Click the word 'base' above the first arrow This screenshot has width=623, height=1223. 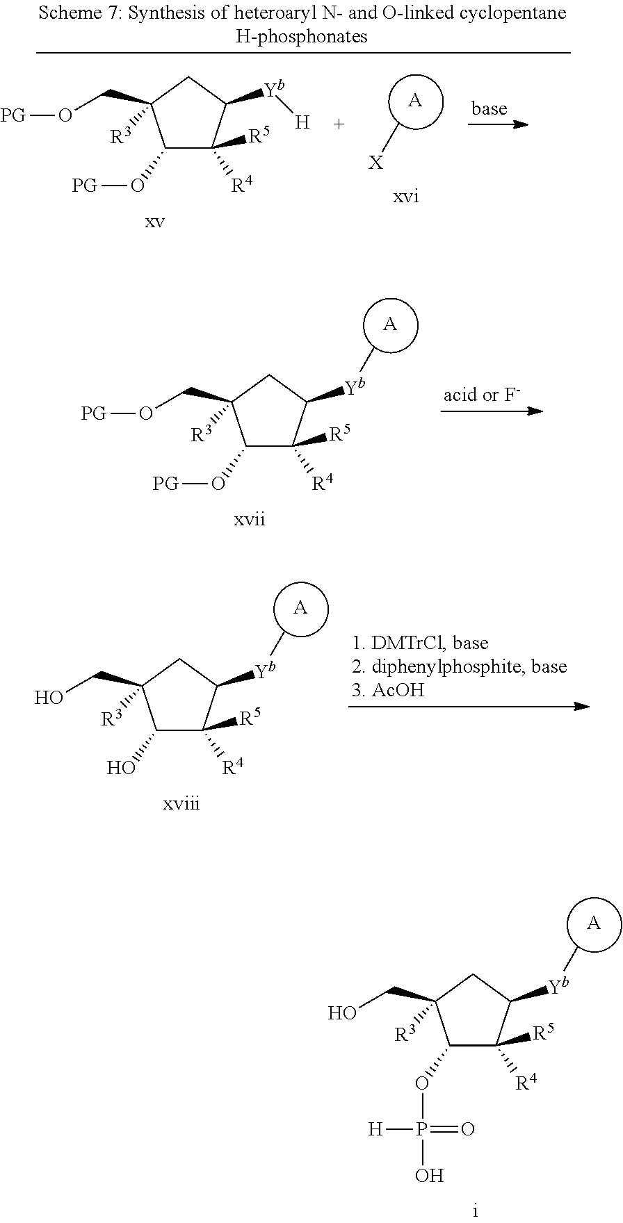[x=489, y=108]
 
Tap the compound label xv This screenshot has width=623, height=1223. [x=154, y=222]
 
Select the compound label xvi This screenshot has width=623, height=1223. [x=406, y=197]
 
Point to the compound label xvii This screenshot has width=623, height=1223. [x=250, y=519]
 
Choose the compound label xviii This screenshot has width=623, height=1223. [x=181, y=804]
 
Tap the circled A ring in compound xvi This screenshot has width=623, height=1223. [x=415, y=101]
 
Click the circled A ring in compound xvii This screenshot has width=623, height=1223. [x=391, y=325]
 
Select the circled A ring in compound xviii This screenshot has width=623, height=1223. [x=300, y=609]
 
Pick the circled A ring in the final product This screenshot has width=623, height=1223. [x=594, y=924]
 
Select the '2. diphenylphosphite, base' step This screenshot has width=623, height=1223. [x=460, y=667]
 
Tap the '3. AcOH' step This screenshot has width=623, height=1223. [x=387, y=690]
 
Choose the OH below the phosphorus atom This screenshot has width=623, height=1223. [x=429, y=1176]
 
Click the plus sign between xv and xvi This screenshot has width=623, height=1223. [x=339, y=124]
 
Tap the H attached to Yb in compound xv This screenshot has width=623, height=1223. [x=302, y=124]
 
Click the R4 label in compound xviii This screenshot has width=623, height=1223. [x=232, y=768]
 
